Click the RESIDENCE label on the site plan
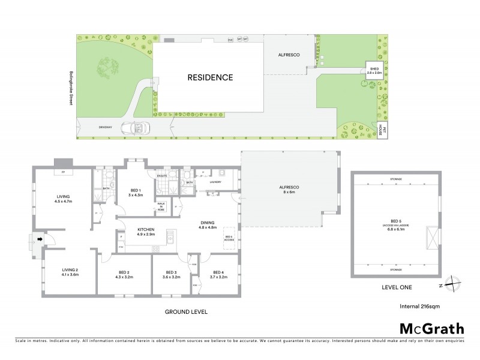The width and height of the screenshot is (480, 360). tap(209, 77)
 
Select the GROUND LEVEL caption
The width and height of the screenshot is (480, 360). tap(187, 312)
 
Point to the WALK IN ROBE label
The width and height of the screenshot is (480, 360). tap(161, 206)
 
